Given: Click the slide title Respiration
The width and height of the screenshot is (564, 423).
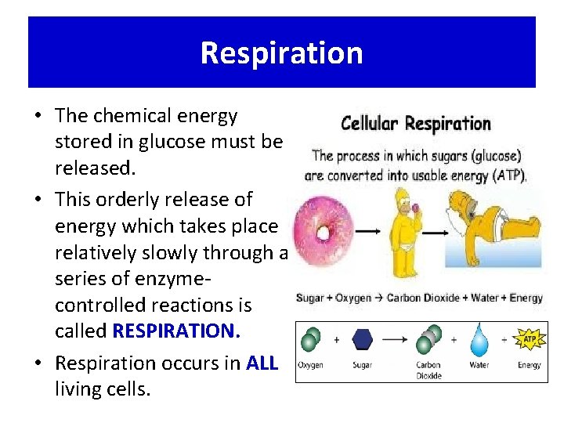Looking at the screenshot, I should [281, 53].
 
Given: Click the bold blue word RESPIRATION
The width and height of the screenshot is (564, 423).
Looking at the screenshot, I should [175, 331].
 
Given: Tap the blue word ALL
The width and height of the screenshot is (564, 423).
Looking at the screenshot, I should [261, 363].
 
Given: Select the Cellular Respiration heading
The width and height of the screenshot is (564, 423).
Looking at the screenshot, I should [415, 124].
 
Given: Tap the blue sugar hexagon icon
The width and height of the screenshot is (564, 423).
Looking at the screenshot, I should [363, 340].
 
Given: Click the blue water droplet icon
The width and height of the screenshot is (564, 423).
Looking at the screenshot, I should [479, 341].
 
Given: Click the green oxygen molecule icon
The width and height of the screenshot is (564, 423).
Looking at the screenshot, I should [311, 340].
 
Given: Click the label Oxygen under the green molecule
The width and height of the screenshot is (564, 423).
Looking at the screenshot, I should [310, 366].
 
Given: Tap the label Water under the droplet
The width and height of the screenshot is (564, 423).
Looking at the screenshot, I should [479, 366].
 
